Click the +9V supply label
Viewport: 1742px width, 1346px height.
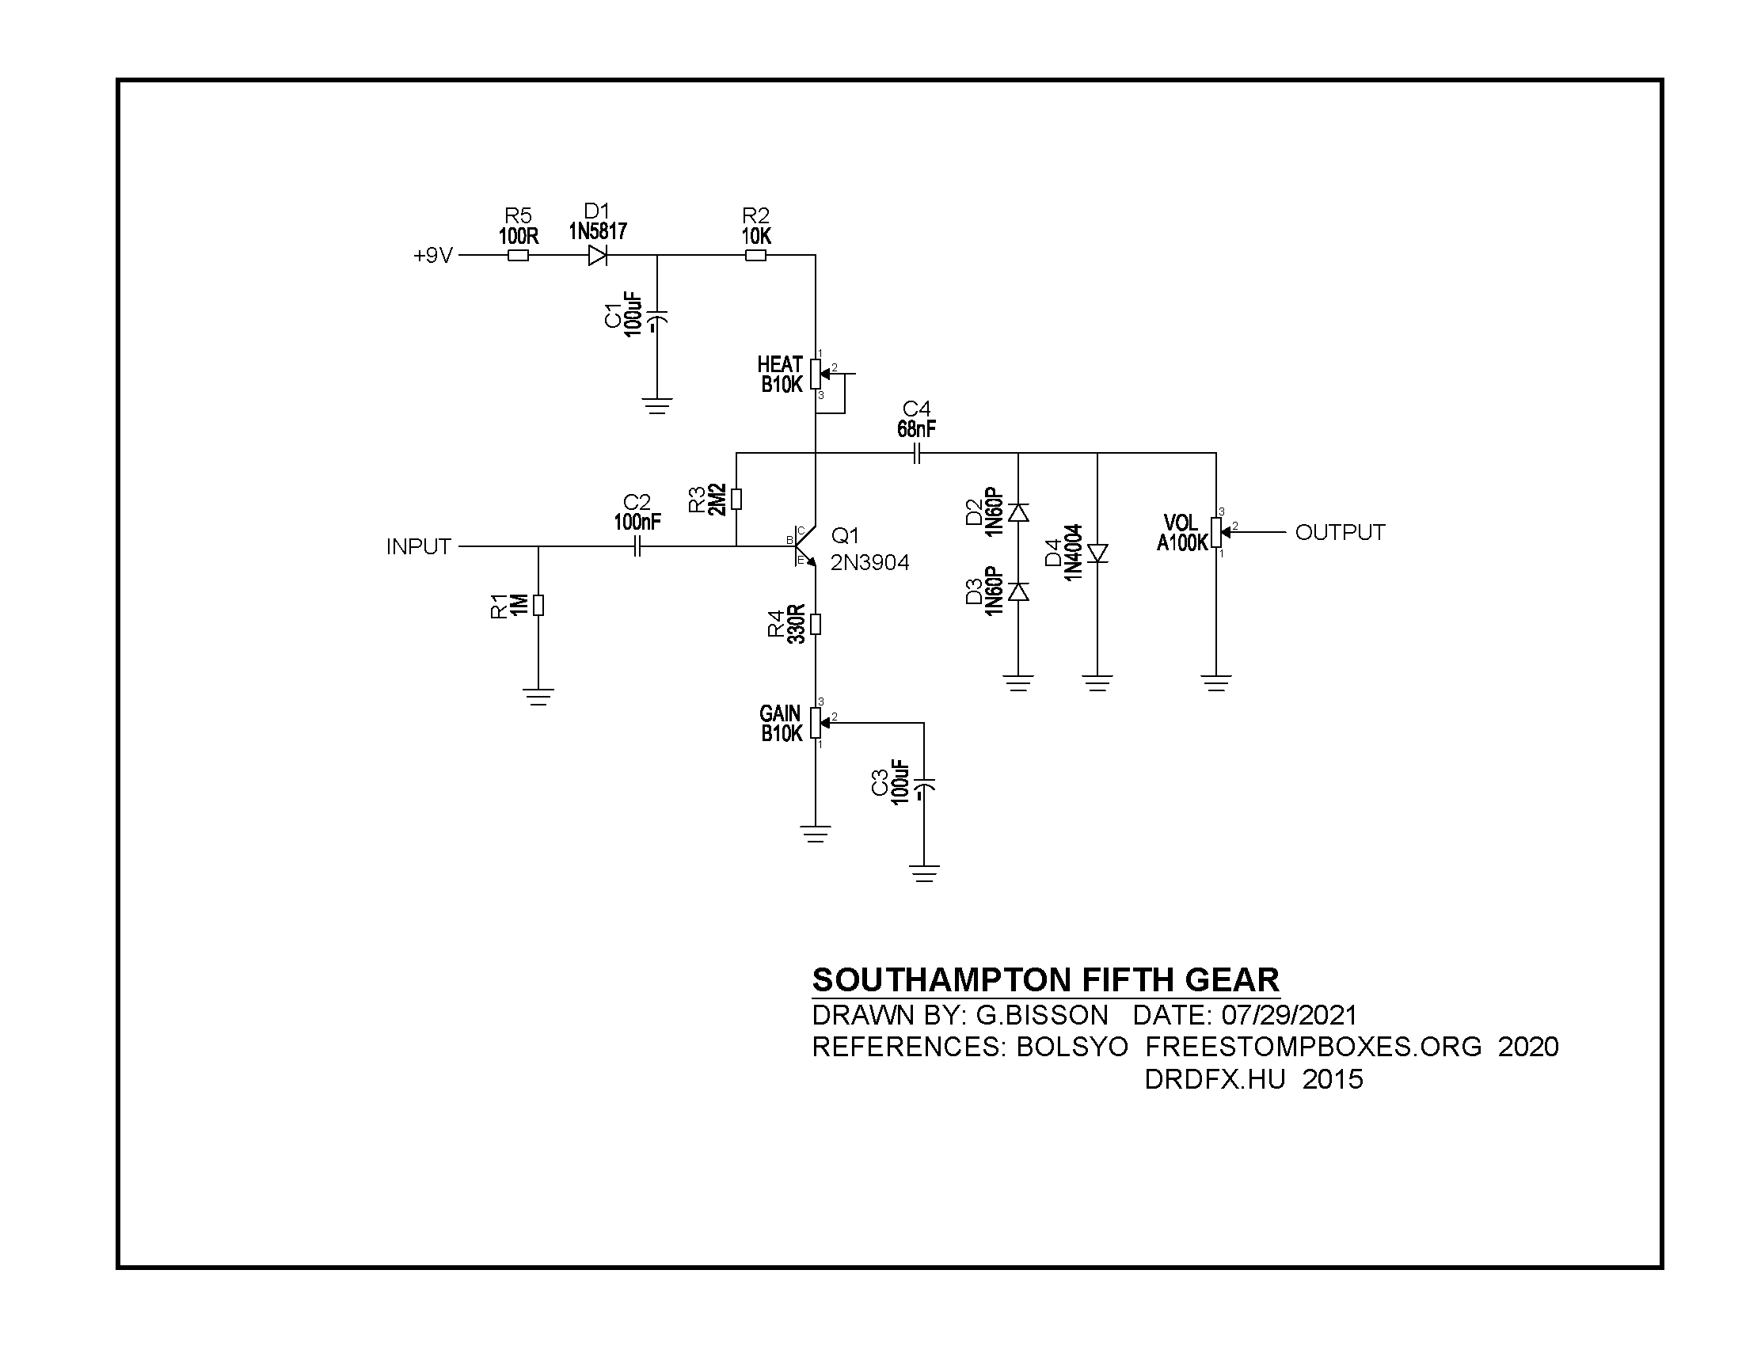(433, 256)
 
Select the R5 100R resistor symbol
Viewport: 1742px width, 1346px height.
(518, 256)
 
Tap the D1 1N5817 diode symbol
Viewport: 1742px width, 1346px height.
(597, 256)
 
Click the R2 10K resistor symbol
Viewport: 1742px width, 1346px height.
(755, 256)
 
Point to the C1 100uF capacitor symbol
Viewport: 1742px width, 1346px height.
(657, 321)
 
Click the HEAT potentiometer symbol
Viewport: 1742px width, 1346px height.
(822, 374)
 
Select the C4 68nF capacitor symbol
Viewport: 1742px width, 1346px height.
(916, 454)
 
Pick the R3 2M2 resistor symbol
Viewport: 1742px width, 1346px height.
(736, 499)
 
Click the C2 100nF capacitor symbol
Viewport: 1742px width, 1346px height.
(637, 547)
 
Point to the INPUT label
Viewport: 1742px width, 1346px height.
(419, 547)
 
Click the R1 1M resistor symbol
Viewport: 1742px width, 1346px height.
(538, 606)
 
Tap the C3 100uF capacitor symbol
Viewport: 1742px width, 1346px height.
(924, 786)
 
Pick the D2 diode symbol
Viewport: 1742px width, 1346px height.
(1018, 512)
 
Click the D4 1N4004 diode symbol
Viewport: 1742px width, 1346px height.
(1098, 553)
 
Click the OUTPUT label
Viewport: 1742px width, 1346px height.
(1340, 533)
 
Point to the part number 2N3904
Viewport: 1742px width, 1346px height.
(869, 563)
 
